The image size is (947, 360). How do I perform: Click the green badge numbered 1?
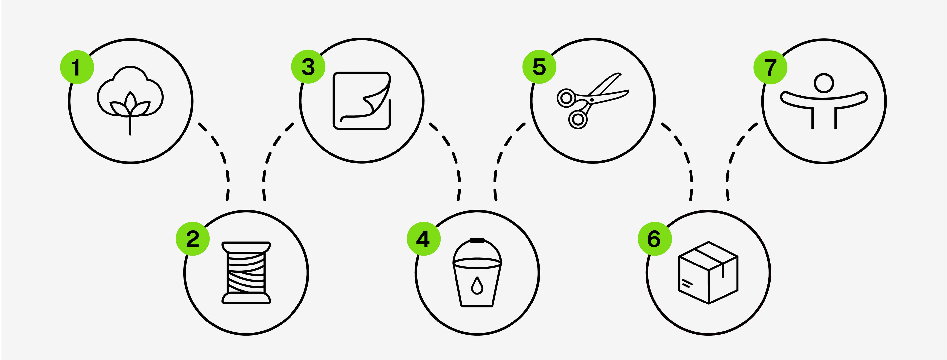77,67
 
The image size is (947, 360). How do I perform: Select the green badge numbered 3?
308,67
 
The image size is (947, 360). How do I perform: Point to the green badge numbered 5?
539,67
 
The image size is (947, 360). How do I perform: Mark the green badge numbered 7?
770,67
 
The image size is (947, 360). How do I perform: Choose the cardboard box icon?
708,272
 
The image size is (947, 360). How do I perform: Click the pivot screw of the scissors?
592,100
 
